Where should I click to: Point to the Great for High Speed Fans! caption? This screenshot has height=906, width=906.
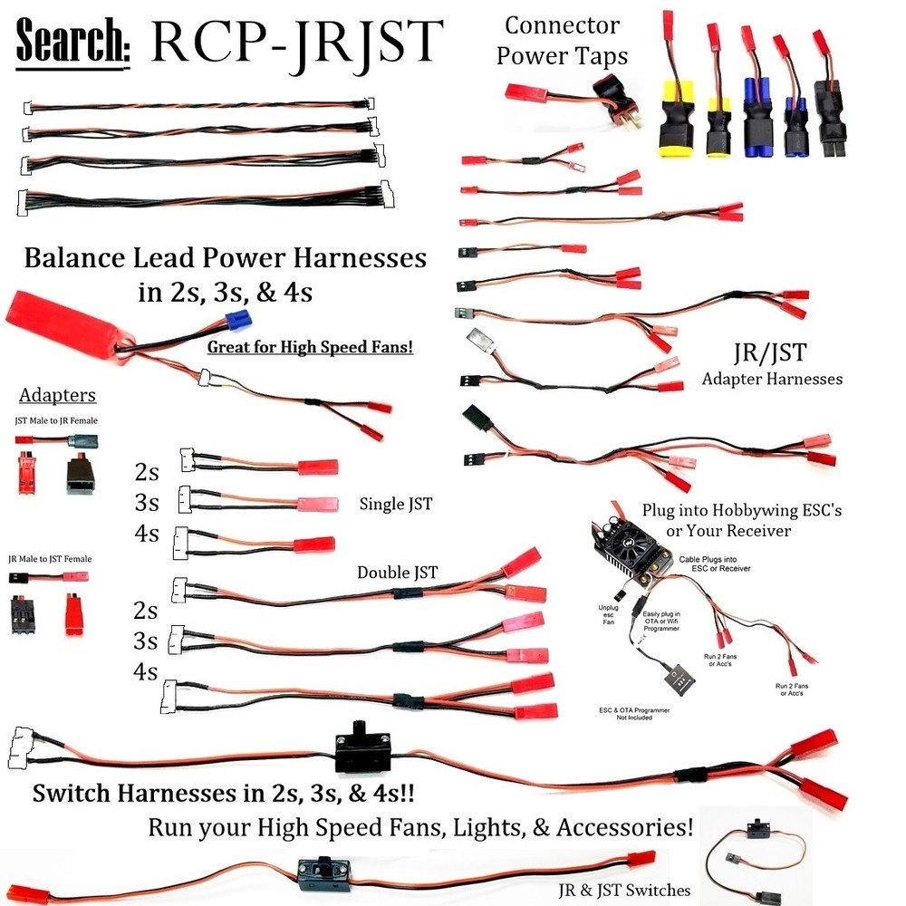(310, 347)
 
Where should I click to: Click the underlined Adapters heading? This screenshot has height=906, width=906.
(57, 396)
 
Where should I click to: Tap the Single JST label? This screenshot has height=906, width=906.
(395, 504)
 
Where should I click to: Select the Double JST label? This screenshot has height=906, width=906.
(397, 572)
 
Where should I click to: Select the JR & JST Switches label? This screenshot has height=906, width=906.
(623, 890)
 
